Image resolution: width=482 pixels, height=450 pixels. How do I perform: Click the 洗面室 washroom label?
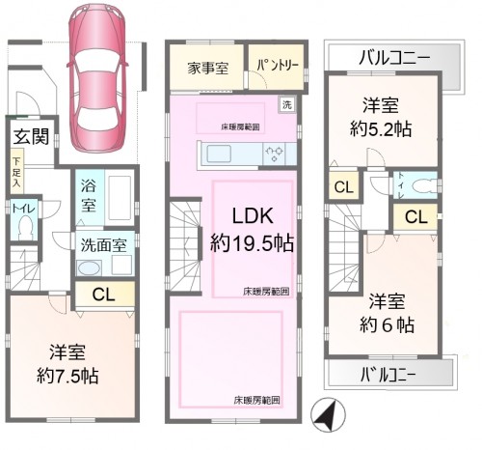tap(99, 244)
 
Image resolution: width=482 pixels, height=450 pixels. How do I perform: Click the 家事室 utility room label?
tap(207, 68)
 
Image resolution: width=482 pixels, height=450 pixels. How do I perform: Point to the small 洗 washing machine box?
tap(286, 104)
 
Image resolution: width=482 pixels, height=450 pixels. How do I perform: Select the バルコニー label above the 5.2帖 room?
tap(392, 57)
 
